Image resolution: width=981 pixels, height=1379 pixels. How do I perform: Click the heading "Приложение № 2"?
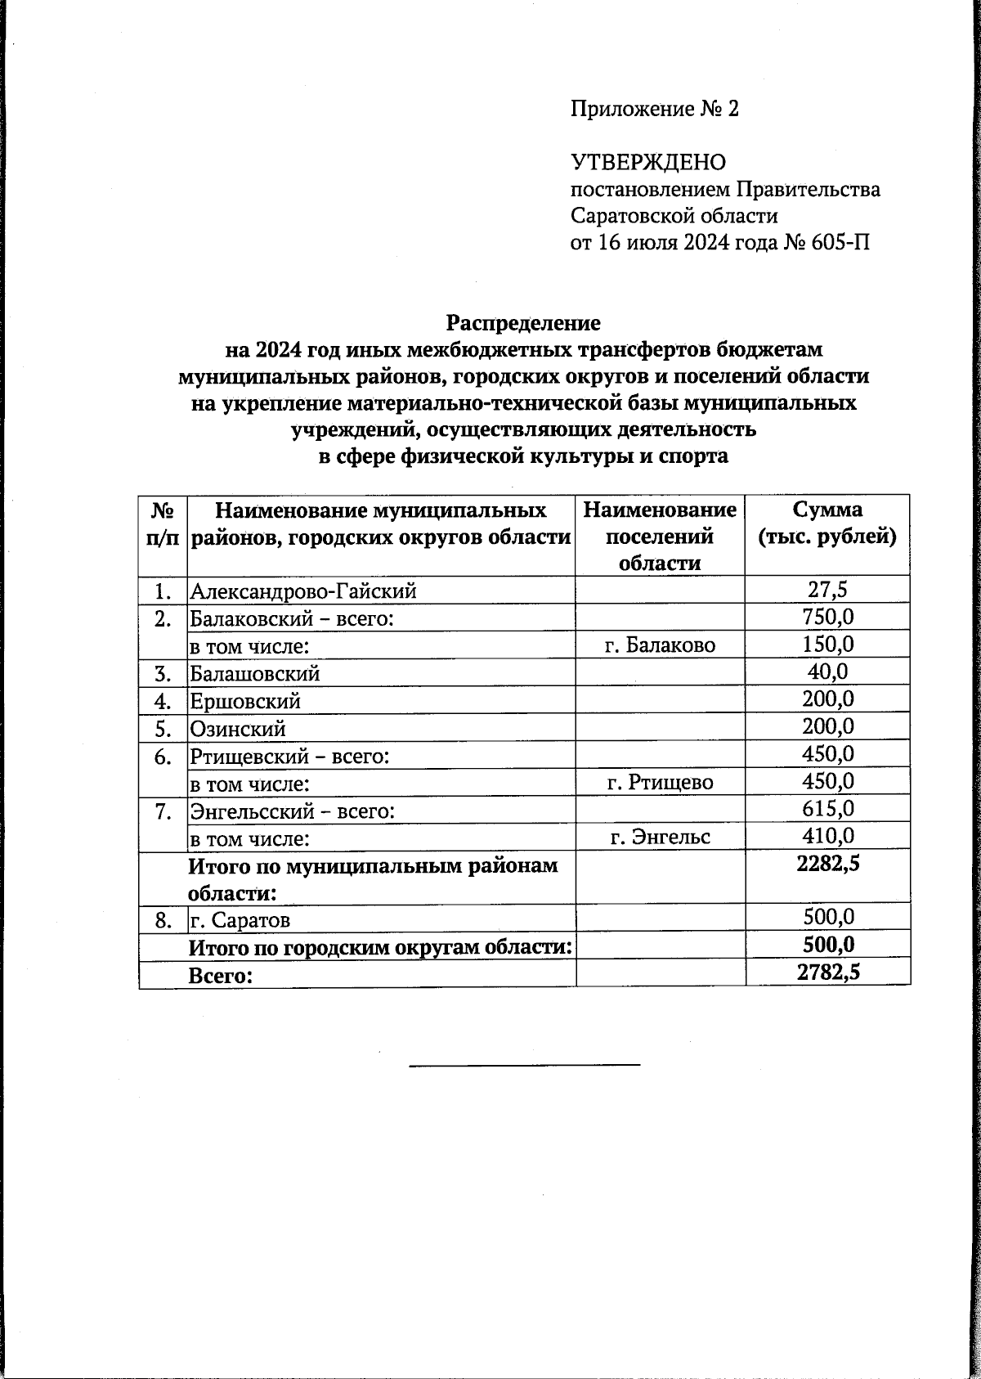click(654, 109)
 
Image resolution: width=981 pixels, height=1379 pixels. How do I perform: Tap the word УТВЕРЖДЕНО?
click(647, 163)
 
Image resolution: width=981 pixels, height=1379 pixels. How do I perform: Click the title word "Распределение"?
click(523, 323)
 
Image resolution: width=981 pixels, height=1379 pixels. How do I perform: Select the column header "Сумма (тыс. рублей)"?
click(827, 524)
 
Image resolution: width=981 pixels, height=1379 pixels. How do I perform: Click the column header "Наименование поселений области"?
click(660, 537)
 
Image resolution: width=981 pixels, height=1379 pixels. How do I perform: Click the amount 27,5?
click(827, 589)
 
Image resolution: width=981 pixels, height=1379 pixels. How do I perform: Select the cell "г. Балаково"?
click(660, 645)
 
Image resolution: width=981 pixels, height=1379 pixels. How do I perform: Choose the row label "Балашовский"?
click(254, 673)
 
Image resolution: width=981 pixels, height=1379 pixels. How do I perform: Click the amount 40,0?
click(827, 672)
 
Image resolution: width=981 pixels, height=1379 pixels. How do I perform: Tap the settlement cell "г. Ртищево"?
click(660, 783)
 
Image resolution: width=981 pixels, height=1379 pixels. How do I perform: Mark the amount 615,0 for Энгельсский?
click(827, 809)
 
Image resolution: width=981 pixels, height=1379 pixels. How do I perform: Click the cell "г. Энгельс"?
click(660, 837)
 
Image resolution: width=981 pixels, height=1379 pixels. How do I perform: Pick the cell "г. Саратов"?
click(240, 920)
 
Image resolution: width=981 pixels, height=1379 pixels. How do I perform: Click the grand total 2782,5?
click(827, 972)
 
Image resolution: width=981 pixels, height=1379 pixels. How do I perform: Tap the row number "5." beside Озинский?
click(163, 728)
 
